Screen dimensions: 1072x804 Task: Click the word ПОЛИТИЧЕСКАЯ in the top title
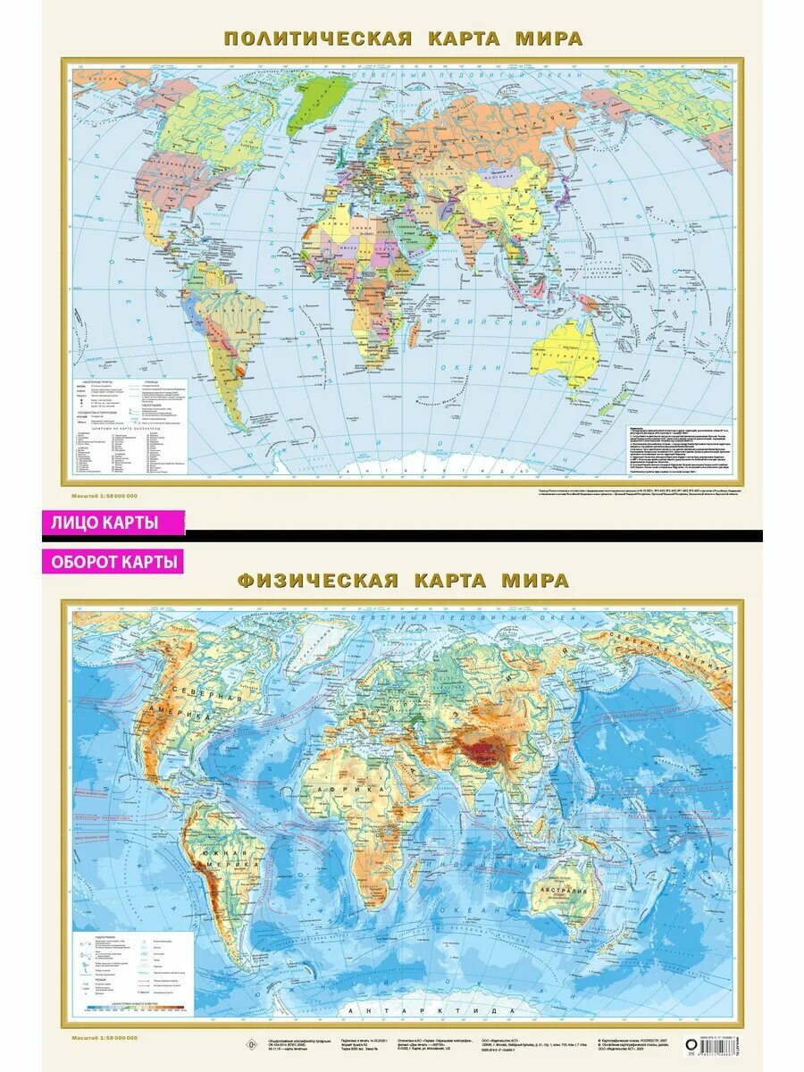point(317,38)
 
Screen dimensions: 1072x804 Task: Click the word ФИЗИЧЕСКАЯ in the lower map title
point(317,581)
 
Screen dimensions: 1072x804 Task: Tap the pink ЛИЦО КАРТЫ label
point(113,523)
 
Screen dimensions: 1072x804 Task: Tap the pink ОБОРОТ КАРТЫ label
point(112,562)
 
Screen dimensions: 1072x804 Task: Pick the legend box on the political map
point(130,424)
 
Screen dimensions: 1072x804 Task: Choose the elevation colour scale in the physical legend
point(134,1008)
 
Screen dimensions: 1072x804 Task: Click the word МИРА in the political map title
point(549,38)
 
